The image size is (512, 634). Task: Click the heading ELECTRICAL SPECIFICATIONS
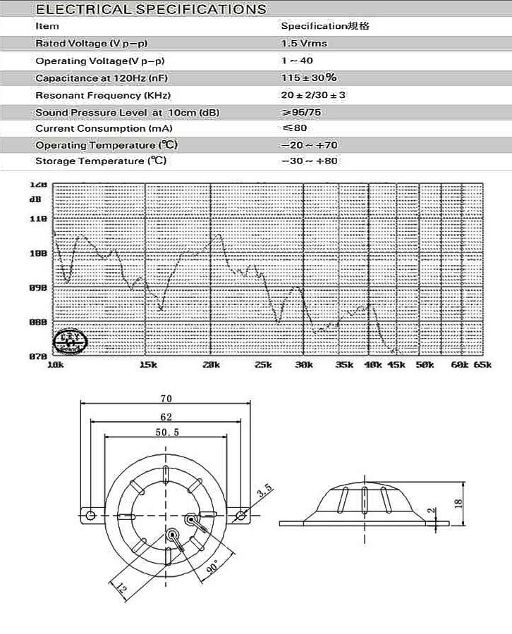[x=151, y=9]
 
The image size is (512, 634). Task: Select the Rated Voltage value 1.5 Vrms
[x=304, y=43]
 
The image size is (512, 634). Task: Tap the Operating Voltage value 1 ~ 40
[x=296, y=61]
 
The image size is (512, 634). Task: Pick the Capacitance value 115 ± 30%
[x=308, y=77]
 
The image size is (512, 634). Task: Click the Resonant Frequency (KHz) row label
[x=103, y=95]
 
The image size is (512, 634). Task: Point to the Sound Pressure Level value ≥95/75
[x=303, y=112]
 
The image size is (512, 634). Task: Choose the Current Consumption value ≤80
[x=294, y=128]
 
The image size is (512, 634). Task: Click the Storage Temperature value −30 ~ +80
[x=310, y=161]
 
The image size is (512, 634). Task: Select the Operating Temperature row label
[x=106, y=145]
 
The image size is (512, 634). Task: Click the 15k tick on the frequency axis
[x=148, y=365]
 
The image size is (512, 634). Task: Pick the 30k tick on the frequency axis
[x=304, y=365]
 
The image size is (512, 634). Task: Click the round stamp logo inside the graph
[x=71, y=340]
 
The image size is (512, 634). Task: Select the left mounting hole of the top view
[x=90, y=515]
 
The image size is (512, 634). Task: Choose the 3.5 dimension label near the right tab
[x=264, y=491]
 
